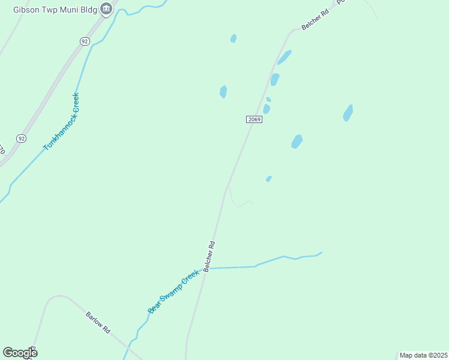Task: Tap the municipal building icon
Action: [x=106, y=8]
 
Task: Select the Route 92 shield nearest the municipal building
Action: [x=84, y=41]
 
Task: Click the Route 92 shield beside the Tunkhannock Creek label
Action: [x=22, y=138]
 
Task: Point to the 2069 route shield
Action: [x=254, y=119]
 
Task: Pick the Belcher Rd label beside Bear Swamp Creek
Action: [x=209, y=257]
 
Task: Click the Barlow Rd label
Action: [x=98, y=322]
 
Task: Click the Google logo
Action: [x=20, y=353]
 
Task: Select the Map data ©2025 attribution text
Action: [x=423, y=355]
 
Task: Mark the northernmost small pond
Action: [x=234, y=38]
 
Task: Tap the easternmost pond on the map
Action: [x=348, y=113]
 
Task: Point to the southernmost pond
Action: [x=269, y=178]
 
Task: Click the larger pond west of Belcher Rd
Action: [x=223, y=91]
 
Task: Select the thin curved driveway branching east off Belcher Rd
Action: [x=240, y=203]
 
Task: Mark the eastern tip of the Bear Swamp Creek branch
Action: [x=322, y=253]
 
